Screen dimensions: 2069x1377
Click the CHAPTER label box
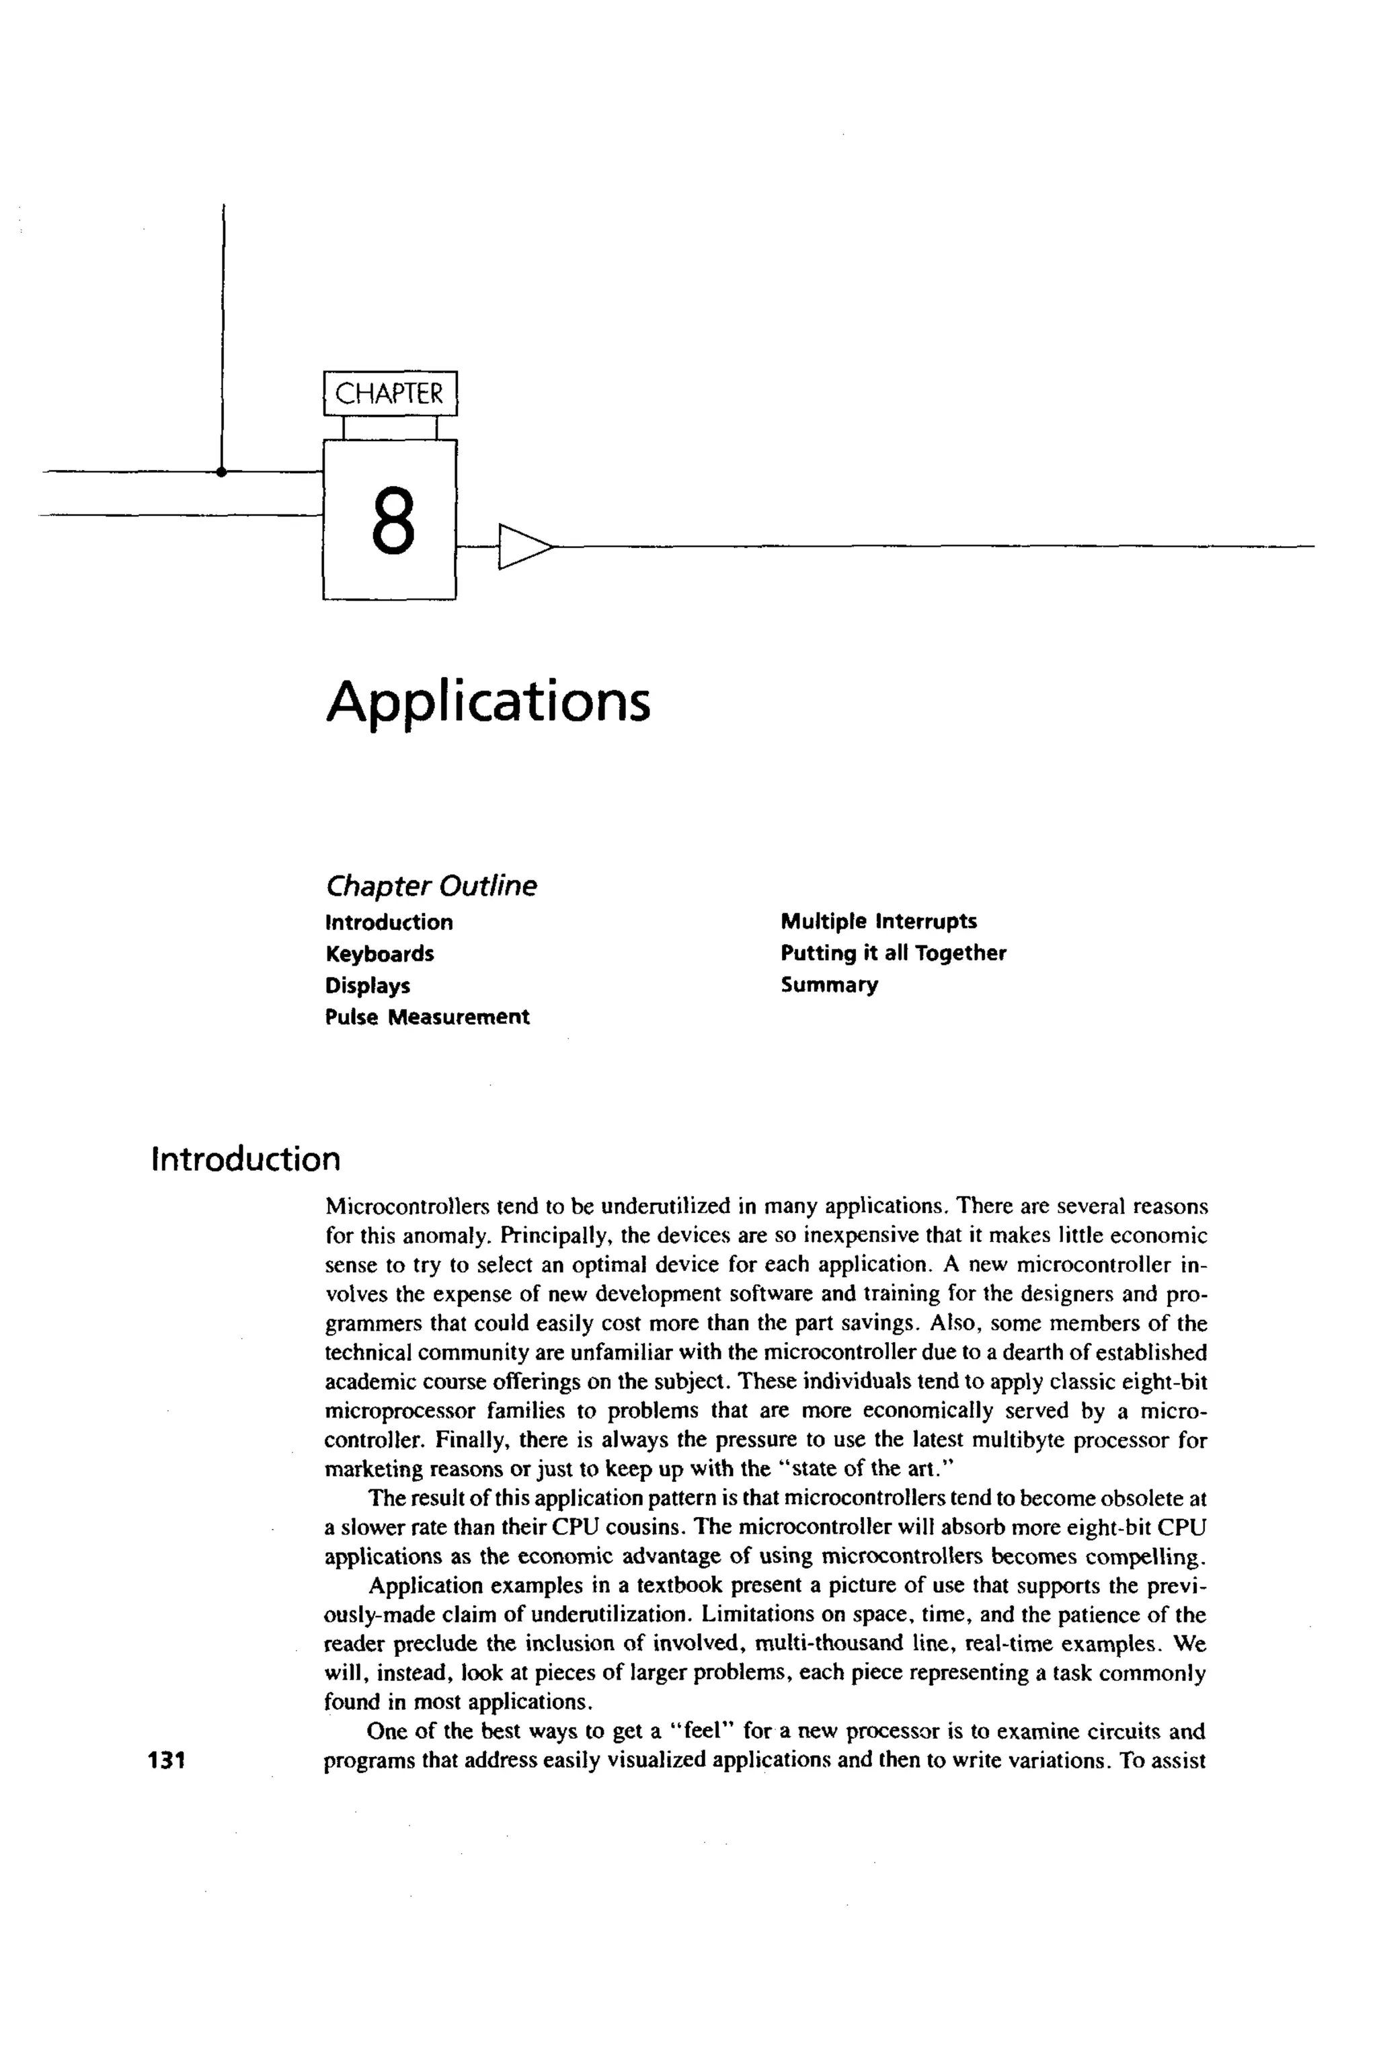point(390,393)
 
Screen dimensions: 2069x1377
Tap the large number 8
point(392,522)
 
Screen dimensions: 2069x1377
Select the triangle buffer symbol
point(523,546)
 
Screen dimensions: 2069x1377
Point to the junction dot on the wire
point(221,471)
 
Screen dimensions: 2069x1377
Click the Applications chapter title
point(488,703)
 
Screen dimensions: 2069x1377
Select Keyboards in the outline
point(379,953)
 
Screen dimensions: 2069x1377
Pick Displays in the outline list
point(367,985)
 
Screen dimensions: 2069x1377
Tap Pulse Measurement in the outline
point(427,1017)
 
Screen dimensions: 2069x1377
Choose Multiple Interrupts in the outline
point(878,921)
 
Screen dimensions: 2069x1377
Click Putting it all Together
point(893,953)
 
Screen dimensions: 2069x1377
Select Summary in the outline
point(829,984)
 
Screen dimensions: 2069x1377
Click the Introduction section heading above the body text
point(246,1159)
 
